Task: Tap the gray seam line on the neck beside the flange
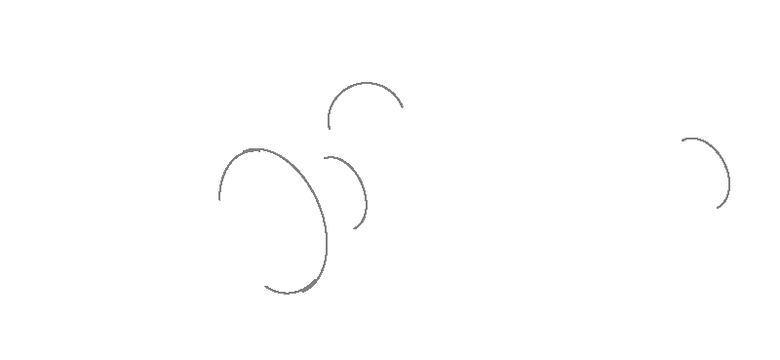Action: (362, 190)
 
